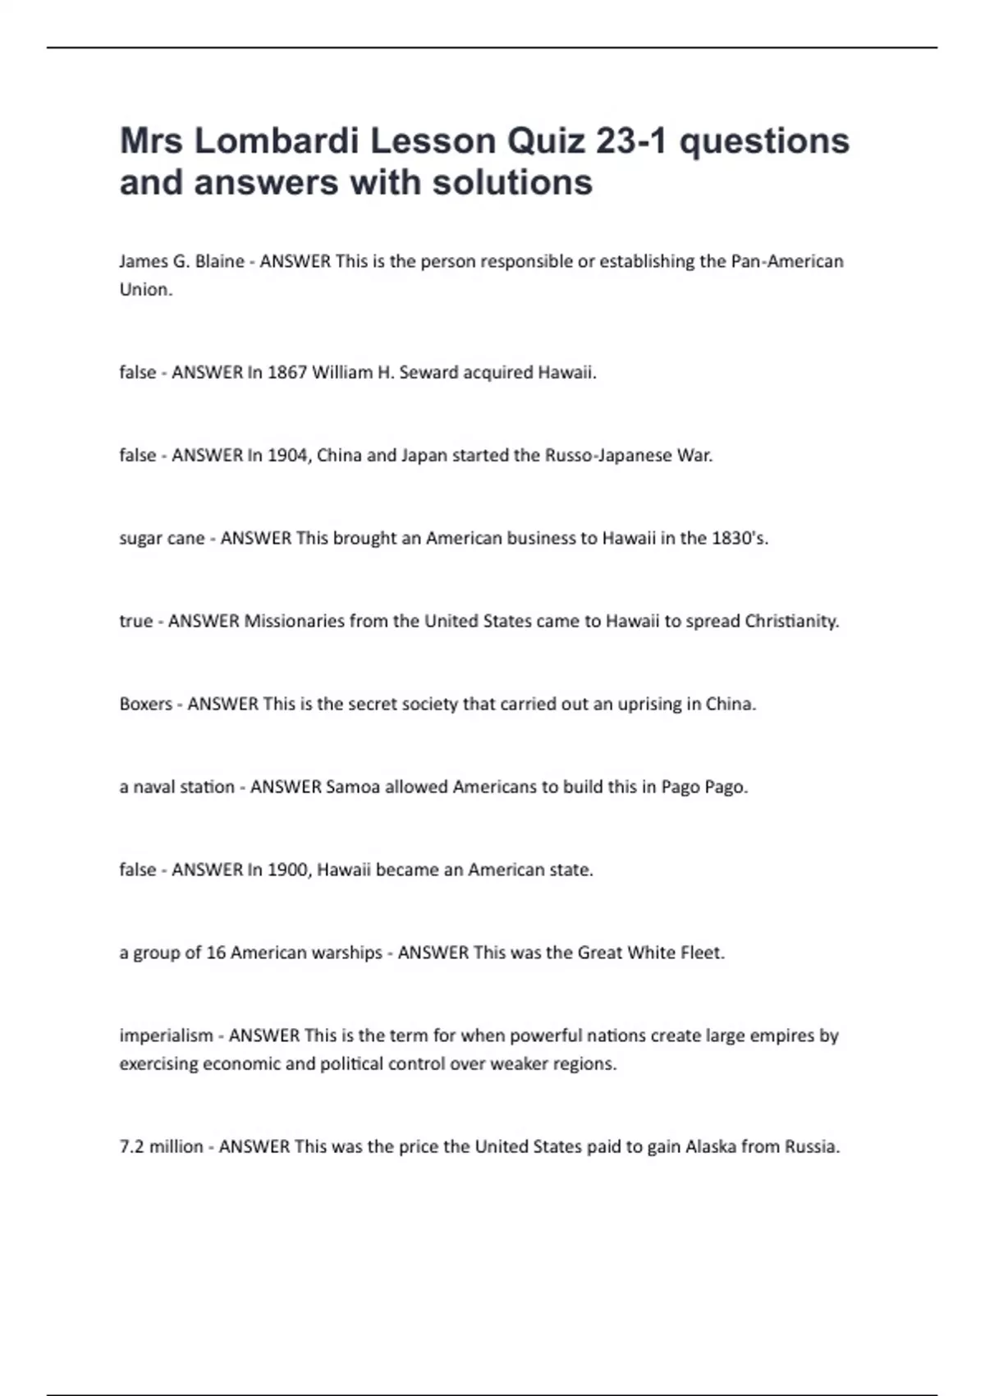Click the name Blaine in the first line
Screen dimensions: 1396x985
click(219, 261)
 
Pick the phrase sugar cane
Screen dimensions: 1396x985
click(162, 538)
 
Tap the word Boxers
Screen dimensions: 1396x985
click(146, 704)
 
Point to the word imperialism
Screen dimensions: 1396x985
click(166, 1036)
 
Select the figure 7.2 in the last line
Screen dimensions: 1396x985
click(132, 1146)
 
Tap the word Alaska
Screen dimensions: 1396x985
click(711, 1146)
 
